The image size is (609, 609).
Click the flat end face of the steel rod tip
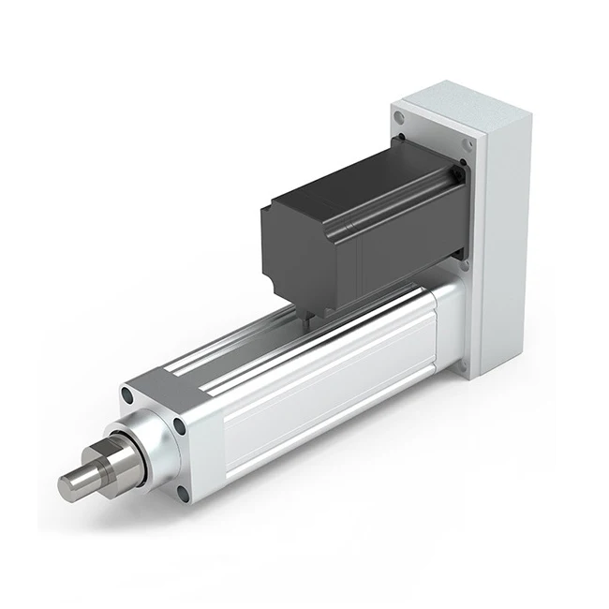(67, 485)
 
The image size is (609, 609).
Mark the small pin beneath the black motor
(306, 319)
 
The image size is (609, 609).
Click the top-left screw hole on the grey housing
(400, 118)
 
